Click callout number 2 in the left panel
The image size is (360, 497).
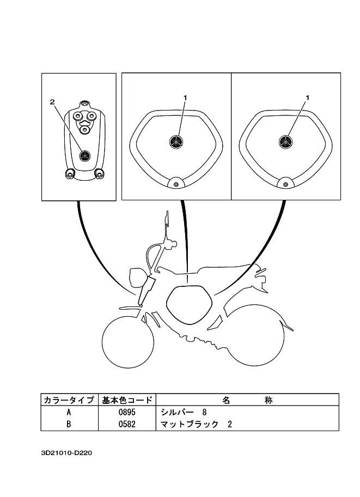(52, 101)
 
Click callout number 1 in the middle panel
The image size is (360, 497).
(185, 97)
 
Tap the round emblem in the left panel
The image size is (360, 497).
(85, 156)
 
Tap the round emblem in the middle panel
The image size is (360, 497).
(176, 142)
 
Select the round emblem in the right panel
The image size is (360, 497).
(285, 142)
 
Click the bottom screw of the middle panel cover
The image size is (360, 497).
(176, 185)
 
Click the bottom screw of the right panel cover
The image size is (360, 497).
(285, 185)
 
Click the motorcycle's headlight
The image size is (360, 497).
(136, 279)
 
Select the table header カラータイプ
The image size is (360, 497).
(69, 400)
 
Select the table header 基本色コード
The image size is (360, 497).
(127, 400)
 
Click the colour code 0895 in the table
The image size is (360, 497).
(126, 412)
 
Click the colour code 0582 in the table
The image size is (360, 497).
(126, 424)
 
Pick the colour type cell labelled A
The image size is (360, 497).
(69, 412)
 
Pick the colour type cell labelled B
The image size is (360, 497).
(69, 424)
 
